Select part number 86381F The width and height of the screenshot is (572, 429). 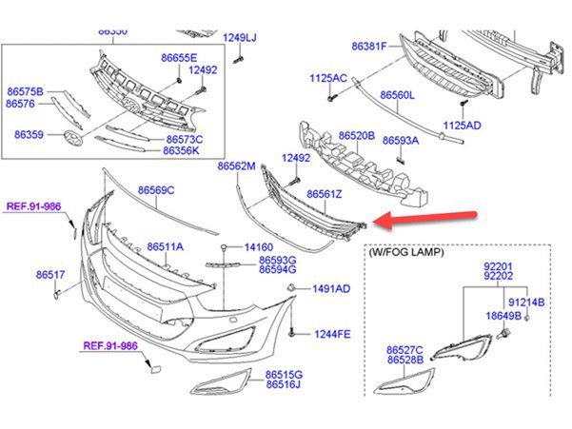(370, 45)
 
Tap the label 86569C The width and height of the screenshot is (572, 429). (156, 190)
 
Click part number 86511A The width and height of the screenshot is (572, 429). (165, 247)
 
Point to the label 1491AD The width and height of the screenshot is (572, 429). (332, 288)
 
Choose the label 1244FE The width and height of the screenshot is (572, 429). (332, 334)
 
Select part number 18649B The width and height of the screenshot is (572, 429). (503, 315)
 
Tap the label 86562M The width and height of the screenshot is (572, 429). (236, 166)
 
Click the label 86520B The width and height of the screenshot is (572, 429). (356, 136)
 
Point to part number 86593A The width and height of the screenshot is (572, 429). (402, 140)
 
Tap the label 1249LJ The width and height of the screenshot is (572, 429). (240, 38)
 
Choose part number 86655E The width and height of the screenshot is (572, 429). (179, 57)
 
